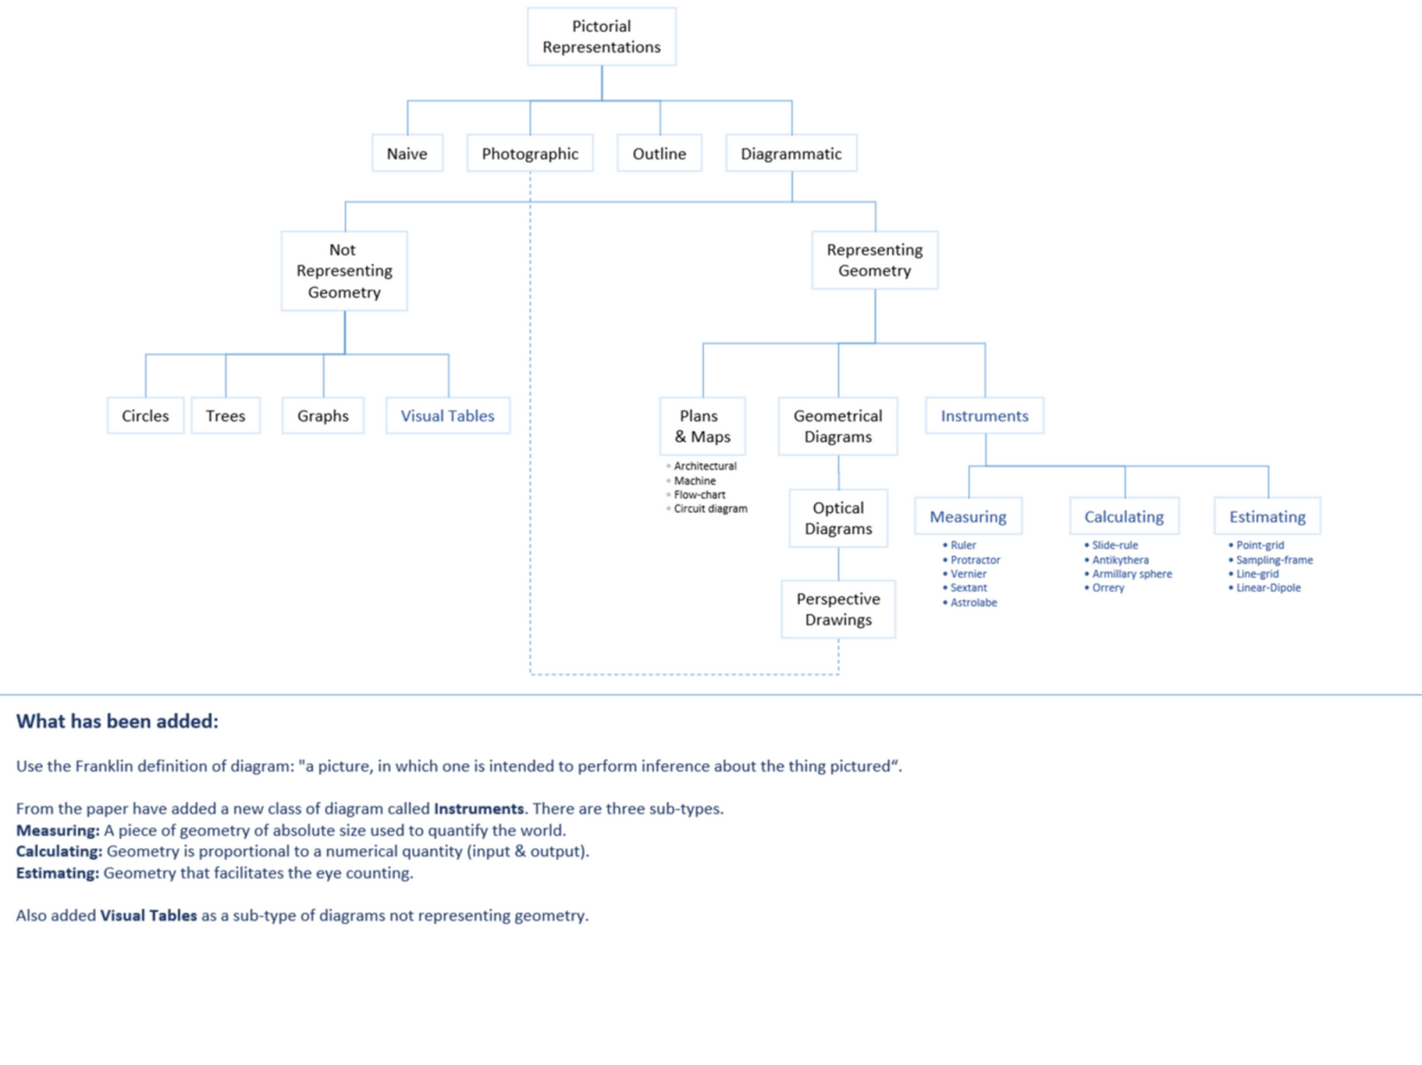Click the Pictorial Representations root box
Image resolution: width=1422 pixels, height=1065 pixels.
pyautogui.click(x=602, y=36)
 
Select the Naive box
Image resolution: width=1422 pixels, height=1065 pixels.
pyautogui.click(x=407, y=154)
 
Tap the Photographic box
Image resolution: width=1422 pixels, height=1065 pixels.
pyautogui.click(x=531, y=154)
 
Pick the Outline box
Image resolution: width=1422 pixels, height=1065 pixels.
pyautogui.click(x=659, y=154)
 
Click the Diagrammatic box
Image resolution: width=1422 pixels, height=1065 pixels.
pyautogui.click(x=791, y=154)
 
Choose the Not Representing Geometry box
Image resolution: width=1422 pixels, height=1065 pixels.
pyautogui.click(x=344, y=271)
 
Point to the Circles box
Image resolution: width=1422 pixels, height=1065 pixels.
pyautogui.click(x=145, y=416)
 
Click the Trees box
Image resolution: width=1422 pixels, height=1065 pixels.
pyautogui.click(x=226, y=416)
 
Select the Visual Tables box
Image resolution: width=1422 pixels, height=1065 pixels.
pyautogui.click(x=448, y=416)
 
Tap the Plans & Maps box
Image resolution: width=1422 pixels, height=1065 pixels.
pyautogui.click(x=702, y=427)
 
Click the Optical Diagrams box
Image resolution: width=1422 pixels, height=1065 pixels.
pyautogui.click(x=838, y=518)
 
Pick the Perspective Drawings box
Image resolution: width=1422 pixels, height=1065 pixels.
pyautogui.click(x=838, y=609)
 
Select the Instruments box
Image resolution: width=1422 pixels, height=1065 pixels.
pyautogui.click(x=985, y=416)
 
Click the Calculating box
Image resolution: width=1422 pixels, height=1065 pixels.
pyautogui.click(x=1124, y=516)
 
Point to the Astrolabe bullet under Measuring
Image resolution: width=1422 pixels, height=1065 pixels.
pyautogui.click(x=973, y=603)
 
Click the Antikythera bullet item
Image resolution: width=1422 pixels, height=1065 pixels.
pyautogui.click(x=1120, y=560)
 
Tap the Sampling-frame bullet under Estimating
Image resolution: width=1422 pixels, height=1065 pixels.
pyautogui.click(x=1274, y=560)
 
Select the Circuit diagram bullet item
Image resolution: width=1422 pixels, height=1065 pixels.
pyautogui.click(x=710, y=509)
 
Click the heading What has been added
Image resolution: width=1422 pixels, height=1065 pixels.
pyautogui.click(x=117, y=721)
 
